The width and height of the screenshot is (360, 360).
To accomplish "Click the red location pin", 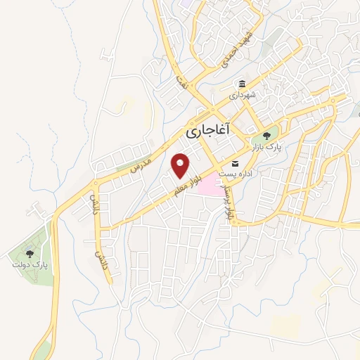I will coord(181,165).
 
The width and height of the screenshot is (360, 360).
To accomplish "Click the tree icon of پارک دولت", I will coord(29,253).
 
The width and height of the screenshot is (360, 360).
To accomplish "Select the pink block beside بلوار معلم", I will coord(208,186).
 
